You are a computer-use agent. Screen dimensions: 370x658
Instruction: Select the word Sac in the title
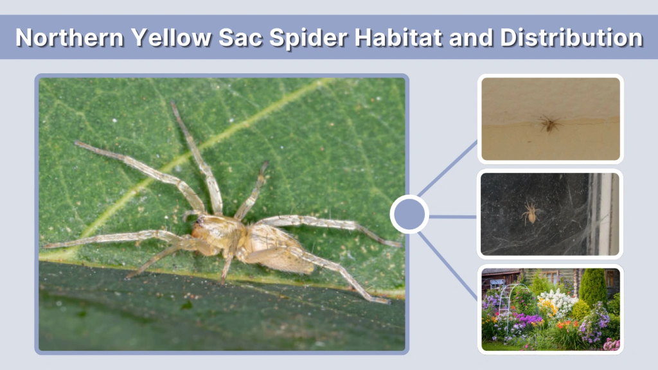click(239, 37)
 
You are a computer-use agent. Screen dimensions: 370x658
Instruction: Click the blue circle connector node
click(409, 215)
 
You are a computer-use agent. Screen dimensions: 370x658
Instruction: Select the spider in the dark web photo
click(531, 212)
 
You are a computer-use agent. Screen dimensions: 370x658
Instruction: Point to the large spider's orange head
click(200, 226)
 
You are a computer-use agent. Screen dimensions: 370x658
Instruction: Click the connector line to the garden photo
click(450, 263)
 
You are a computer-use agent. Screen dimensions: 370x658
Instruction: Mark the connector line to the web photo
click(453, 216)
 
